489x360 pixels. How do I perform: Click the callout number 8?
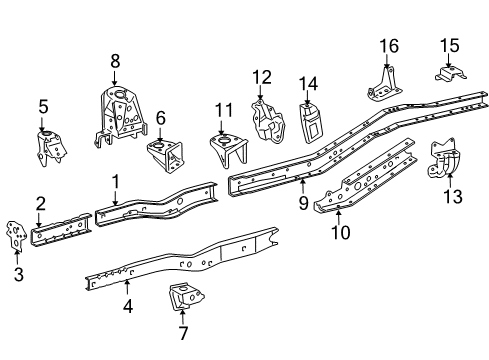[x=115, y=61]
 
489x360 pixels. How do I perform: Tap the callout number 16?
[x=389, y=46]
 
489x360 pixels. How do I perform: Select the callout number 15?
[x=450, y=45]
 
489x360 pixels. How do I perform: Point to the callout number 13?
[x=453, y=196]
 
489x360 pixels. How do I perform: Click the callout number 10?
[x=341, y=232]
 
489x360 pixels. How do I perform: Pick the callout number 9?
[x=303, y=203]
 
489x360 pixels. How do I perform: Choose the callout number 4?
[x=128, y=306]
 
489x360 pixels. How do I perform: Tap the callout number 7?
[x=183, y=333]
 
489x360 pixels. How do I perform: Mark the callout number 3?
[x=19, y=274]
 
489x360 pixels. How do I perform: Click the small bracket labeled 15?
[x=450, y=74]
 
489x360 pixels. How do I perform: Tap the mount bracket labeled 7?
[x=186, y=297]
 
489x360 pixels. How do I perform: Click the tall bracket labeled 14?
[x=311, y=123]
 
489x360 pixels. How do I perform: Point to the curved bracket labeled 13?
[x=444, y=160]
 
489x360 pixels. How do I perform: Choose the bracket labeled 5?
[x=51, y=148]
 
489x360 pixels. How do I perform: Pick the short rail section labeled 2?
[x=61, y=229]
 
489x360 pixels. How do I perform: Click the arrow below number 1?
[x=115, y=197]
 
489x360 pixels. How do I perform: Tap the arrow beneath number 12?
[x=260, y=92]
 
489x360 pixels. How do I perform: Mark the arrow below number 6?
[x=160, y=134]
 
